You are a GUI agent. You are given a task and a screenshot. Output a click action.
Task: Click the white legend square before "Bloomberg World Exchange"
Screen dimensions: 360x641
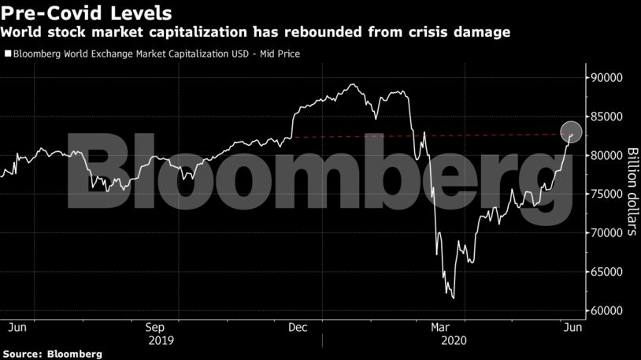8,54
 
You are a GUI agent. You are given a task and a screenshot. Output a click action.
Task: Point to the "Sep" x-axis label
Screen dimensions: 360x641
156,326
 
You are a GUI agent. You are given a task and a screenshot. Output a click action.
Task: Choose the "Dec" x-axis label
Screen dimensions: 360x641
298,326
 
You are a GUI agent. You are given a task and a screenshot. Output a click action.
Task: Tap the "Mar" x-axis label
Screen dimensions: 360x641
439,326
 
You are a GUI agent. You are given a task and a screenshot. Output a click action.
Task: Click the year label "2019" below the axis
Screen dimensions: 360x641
160,340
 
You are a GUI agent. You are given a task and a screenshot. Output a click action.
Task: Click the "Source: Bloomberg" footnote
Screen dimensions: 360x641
52,354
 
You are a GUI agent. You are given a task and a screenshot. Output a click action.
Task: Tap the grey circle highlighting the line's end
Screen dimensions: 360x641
571,132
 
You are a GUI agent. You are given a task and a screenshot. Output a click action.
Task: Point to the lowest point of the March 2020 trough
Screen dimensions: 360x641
454,298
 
